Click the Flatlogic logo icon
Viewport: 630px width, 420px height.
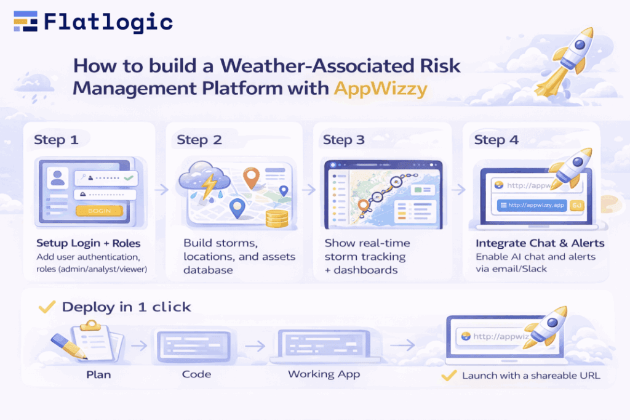point(25,22)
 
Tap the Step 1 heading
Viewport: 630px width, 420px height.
point(56,140)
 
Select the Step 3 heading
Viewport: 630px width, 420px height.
point(343,140)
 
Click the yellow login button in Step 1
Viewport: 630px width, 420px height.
point(99,211)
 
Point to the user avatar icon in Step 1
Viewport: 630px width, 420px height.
point(57,178)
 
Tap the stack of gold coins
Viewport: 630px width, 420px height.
point(277,219)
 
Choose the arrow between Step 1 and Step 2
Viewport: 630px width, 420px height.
point(162,189)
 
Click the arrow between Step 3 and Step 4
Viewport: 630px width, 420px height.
point(458,189)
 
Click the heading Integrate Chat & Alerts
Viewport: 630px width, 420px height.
point(540,243)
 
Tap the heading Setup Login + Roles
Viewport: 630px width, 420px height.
point(89,243)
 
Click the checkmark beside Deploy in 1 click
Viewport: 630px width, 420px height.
point(47,307)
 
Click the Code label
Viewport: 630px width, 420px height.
point(196,374)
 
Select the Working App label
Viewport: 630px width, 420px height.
point(324,374)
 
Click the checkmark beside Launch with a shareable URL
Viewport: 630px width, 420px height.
point(449,376)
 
